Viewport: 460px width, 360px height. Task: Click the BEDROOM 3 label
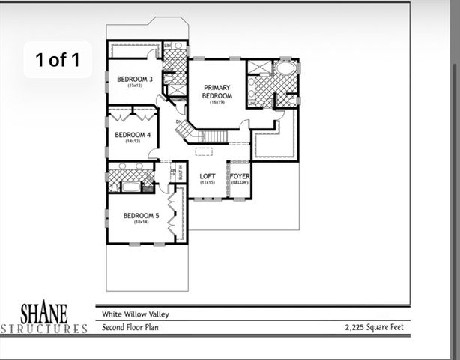(135, 79)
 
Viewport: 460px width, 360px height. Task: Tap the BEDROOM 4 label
(133, 135)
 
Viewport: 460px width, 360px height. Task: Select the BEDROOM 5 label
(142, 216)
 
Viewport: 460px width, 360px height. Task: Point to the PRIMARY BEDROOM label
(217, 91)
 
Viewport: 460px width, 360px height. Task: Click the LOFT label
(208, 176)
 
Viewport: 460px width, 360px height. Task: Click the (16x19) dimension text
(217, 102)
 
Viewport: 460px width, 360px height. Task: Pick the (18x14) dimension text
(142, 223)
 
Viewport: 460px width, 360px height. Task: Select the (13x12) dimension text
(135, 86)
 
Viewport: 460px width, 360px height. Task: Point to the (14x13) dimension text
(133, 142)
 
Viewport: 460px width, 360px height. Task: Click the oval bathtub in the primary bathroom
(285, 67)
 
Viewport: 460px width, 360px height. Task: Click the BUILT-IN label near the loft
(180, 172)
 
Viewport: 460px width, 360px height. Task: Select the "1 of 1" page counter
(57, 60)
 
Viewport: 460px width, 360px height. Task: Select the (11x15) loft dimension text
(208, 183)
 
